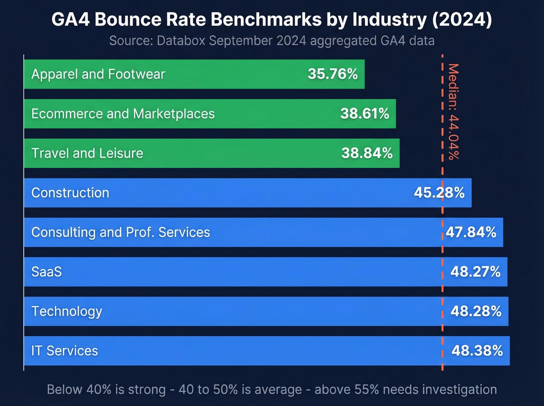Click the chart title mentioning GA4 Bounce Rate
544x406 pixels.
[272, 19]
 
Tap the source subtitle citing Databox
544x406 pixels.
[272, 40]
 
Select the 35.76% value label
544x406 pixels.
[333, 74]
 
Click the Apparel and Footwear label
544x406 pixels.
[98, 74]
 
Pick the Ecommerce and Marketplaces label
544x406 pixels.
[123, 113]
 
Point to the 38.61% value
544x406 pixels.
[364, 113]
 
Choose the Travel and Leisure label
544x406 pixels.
[87, 153]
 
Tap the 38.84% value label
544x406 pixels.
[367, 153]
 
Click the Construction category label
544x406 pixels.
[70, 193]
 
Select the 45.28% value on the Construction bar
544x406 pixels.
[439, 193]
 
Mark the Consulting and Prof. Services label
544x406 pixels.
[120, 232]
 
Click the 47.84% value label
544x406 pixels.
[471, 232]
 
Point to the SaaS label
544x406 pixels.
[47, 272]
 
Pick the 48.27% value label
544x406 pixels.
[476, 272]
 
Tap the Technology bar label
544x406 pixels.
[67, 311]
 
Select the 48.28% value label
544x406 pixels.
[476, 311]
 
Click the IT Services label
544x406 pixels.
[65, 351]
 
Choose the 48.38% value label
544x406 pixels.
[477, 351]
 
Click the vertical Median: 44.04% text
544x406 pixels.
[453, 112]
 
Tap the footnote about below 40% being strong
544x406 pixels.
[272, 389]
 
